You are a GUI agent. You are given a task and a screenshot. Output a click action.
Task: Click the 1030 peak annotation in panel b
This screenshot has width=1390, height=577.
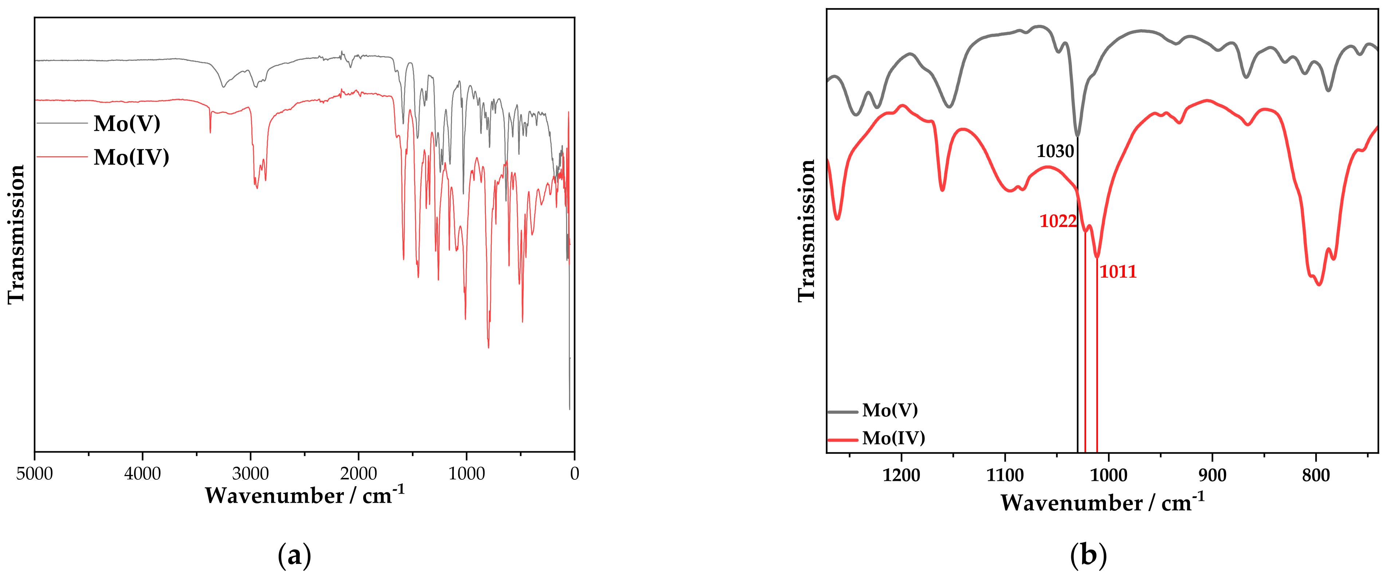tap(1055, 152)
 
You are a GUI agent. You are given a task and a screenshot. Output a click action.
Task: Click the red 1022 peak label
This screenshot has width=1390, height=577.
tap(1057, 221)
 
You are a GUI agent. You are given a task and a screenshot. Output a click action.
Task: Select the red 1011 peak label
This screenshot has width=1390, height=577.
tap(1118, 271)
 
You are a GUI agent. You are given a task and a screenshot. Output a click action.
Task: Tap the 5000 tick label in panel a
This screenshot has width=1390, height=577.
tap(35, 474)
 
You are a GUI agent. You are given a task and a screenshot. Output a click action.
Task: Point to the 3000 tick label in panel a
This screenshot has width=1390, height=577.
tap(250, 474)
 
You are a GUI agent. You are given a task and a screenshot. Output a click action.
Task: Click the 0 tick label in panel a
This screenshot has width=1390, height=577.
tap(574, 474)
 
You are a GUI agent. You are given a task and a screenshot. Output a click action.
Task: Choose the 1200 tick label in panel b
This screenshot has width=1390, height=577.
tap(901, 475)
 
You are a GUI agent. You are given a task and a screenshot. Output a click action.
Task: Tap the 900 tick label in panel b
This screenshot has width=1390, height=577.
tap(1213, 475)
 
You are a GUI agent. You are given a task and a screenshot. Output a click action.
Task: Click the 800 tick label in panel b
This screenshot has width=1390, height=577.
tap(1316, 475)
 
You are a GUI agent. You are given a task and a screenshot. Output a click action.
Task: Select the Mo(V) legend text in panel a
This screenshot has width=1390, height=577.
tap(127, 123)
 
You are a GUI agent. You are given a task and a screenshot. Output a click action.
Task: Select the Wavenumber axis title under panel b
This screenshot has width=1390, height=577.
tap(1102, 503)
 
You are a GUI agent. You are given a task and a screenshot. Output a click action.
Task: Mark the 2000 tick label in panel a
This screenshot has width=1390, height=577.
tap(358, 474)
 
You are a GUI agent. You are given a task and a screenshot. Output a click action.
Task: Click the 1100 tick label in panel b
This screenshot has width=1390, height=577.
tap(1005, 475)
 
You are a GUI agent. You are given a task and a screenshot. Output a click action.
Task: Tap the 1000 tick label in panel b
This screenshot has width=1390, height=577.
tap(1109, 475)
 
